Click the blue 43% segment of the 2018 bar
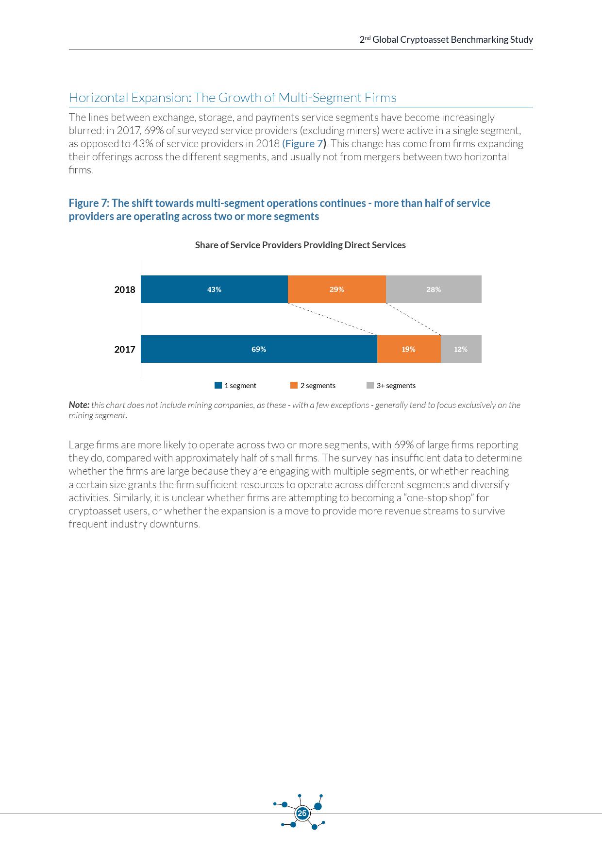(214, 290)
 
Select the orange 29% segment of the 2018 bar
(336, 290)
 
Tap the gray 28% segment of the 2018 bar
(434, 290)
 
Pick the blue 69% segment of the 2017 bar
(259, 349)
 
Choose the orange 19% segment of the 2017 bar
(408, 349)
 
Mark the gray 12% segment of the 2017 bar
(461, 349)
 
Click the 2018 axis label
(125, 290)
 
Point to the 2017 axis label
(125, 350)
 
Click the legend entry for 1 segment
(235, 386)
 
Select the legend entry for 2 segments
(313, 386)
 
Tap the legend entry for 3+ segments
(391, 386)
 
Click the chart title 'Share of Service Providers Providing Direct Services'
(300, 245)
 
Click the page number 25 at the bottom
(302, 813)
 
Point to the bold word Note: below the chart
(79, 405)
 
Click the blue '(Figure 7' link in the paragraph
(302, 144)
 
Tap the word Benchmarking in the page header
(479, 40)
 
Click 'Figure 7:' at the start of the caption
(89, 204)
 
